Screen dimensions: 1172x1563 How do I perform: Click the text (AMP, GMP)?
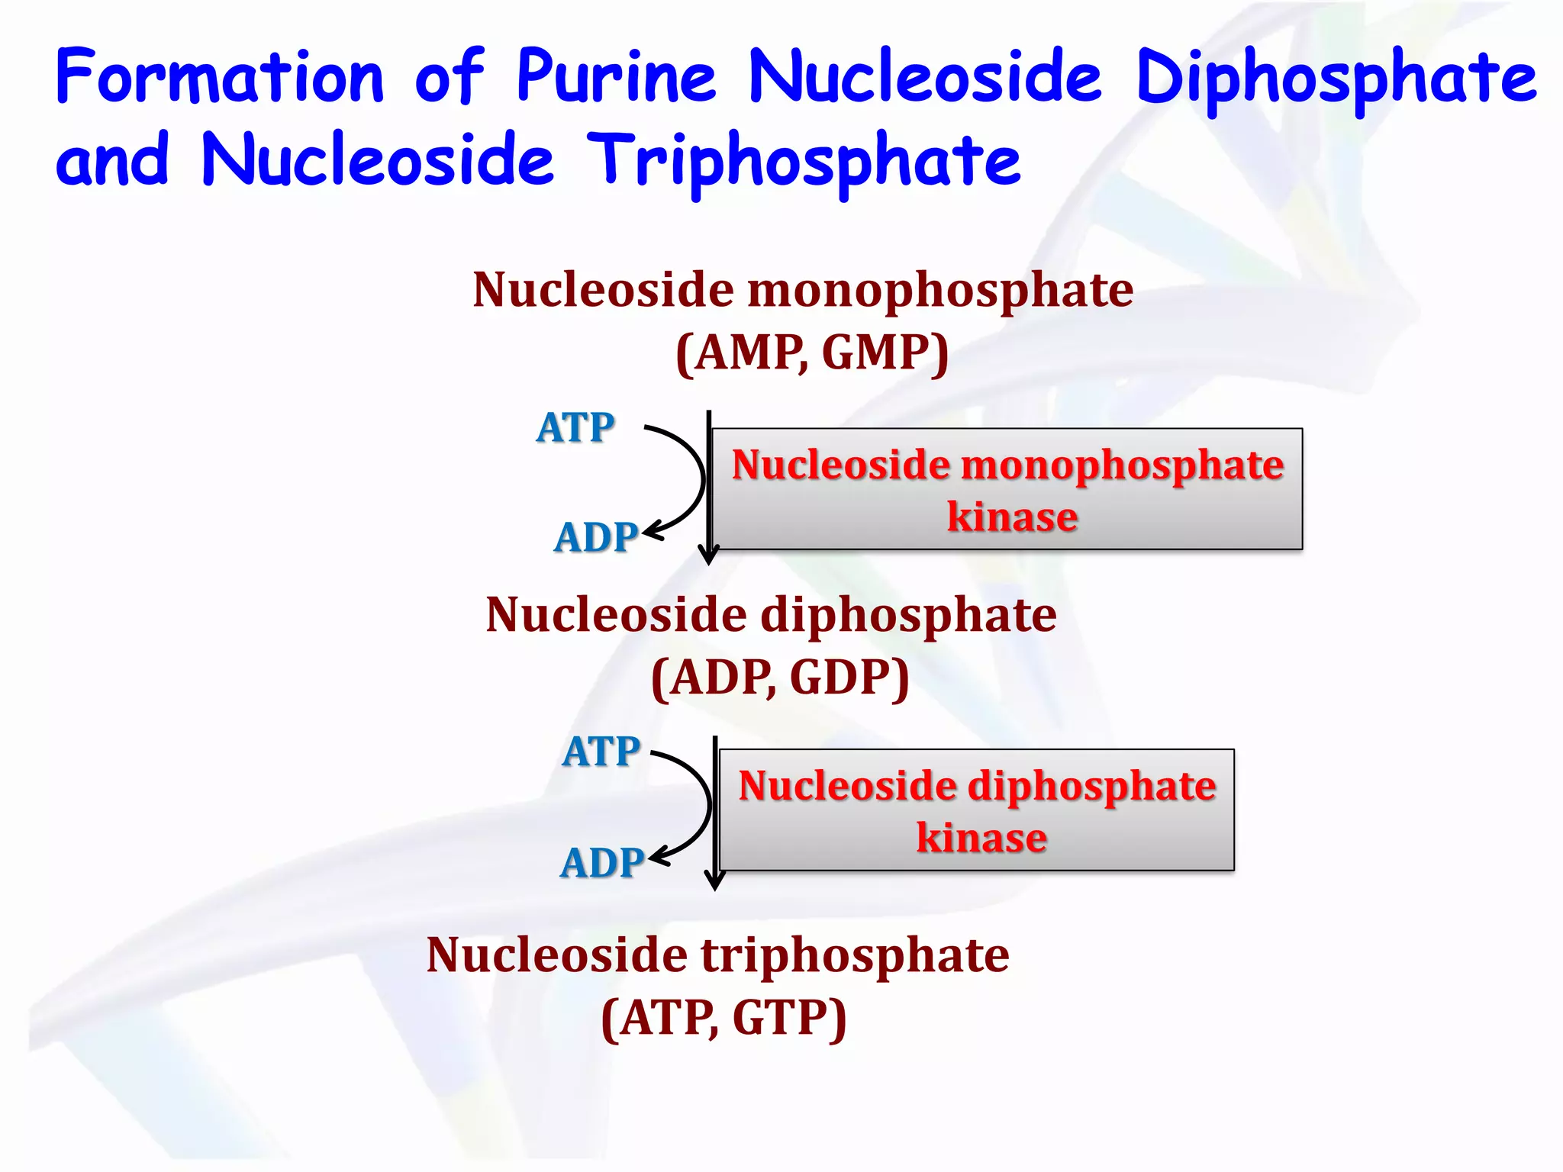pos(812,353)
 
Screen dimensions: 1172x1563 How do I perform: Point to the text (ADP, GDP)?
pos(780,678)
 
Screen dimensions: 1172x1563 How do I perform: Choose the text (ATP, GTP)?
pos(723,1018)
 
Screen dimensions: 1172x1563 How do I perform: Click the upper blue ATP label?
pos(575,427)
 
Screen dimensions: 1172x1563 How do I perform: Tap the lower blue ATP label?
pos(601,752)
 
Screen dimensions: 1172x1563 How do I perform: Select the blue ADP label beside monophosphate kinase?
pos(595,537)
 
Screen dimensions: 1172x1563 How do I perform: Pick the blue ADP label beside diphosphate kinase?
pos(601,863)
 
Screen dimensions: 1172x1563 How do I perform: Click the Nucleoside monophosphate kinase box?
pos(1007,489)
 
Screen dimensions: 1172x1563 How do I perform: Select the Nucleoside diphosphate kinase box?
pos(977,810)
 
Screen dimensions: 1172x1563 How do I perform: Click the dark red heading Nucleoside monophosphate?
pos(803,290)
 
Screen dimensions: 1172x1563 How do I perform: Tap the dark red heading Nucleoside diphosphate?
pos(771,615)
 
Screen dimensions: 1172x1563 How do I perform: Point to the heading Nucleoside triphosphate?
pos(717,955)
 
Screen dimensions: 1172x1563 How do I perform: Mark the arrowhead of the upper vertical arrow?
pos(709,556)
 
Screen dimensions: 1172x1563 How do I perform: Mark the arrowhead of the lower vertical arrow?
pos(714,882)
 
